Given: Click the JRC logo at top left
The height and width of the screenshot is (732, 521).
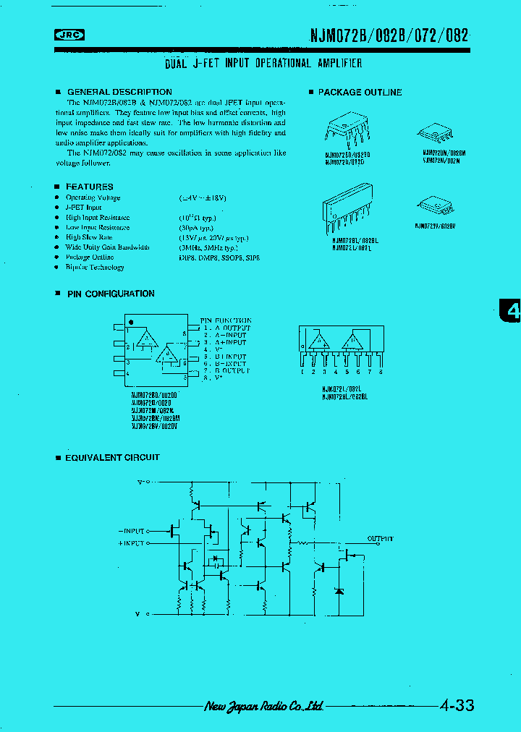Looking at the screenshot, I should point(70,35).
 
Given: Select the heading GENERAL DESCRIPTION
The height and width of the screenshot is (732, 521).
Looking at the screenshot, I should point(119,92).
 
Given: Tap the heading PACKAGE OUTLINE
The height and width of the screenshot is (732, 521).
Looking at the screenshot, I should point(360,92).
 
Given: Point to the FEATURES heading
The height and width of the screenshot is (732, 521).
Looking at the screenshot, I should point(89,186).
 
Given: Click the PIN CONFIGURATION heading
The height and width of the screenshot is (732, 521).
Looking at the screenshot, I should point(110,294).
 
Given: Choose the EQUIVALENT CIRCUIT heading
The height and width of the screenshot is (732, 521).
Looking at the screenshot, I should point(112,457).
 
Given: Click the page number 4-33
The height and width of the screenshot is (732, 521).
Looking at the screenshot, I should point(457,705).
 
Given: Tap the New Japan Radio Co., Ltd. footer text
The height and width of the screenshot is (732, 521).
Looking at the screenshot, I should point(263,706).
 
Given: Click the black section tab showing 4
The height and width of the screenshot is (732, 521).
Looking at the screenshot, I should point(511,311).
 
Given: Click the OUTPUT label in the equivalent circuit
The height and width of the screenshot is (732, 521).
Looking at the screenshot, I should point(380,539).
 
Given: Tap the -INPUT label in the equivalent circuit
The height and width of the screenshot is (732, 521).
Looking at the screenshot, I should point(131,530).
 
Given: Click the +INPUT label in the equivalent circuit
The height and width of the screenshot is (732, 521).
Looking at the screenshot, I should point(131,542).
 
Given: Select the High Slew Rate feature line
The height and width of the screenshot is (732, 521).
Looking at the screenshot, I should point(89,237).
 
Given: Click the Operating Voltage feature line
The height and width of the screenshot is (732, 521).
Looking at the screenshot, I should point(93,197).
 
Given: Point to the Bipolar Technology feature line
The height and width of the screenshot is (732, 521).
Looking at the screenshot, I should point(95,267).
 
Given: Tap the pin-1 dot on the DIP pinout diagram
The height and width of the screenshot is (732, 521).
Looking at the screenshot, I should point(131,322).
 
